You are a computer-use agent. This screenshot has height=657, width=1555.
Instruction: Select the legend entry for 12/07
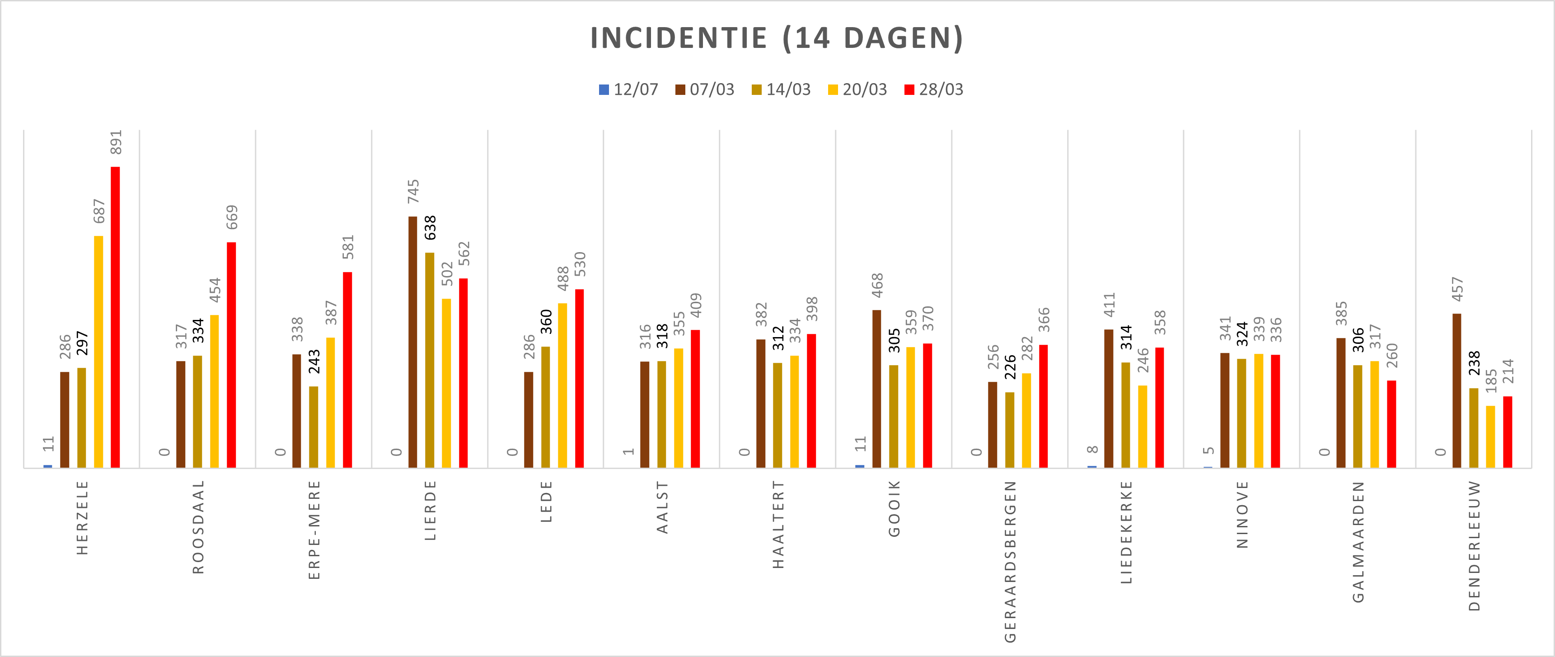click(x=628, y=89)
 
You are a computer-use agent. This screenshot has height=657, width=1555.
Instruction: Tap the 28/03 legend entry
click(x=934, y=89)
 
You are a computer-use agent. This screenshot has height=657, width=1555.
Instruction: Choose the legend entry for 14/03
click(x=781, y=89)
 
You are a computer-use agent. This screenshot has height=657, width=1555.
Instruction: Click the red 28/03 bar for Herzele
click(x=115, y=317)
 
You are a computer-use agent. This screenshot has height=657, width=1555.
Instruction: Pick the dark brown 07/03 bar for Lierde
click(x=413, y=342)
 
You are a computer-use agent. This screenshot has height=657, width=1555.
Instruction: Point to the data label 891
click(x=116, y=142)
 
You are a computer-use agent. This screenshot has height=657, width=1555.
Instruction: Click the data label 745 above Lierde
click(x=413, y=192)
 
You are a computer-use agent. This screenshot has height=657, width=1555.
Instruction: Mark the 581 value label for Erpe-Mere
click(x=348, y=247)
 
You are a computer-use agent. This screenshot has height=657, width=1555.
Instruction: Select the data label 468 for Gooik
click(x=877, y=285)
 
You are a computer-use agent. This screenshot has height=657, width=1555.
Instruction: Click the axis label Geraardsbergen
click(x=1010, y=561)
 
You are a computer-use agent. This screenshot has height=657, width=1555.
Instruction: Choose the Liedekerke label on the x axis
click(x=1126, y=531)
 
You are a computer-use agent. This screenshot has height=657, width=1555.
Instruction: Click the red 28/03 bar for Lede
click(x=580, y=378)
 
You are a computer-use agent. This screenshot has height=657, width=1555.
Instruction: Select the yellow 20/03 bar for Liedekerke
click(x=1143, y=426)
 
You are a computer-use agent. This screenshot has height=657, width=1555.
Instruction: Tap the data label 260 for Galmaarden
click(x=1392, y=356)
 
